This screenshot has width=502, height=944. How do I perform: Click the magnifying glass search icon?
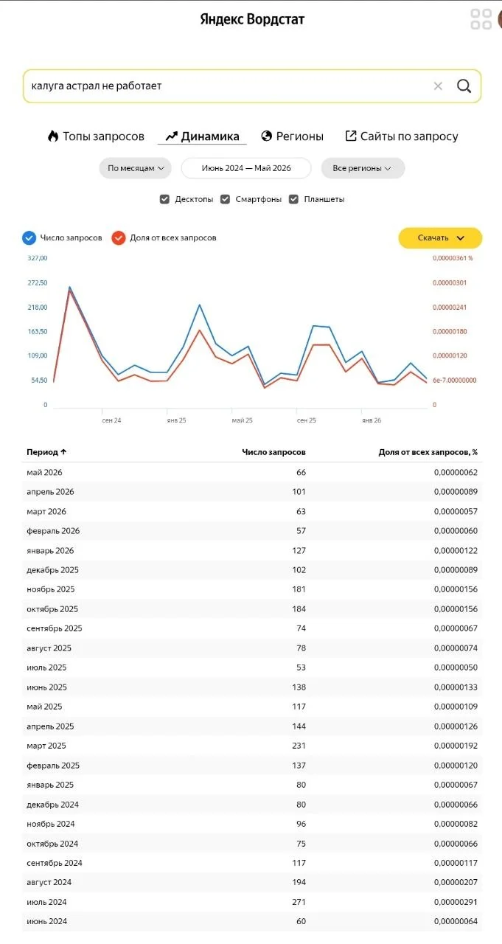coord(464,86)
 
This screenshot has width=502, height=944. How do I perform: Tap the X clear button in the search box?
coord(438,86)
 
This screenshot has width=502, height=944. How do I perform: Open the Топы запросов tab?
coord(96,136)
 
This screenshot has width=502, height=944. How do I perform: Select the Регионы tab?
coord(292,136)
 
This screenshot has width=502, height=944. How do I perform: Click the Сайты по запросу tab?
coord(402,136)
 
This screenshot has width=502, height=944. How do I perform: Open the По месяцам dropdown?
coord(135,168)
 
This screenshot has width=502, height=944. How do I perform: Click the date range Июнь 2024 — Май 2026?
coord(246,168)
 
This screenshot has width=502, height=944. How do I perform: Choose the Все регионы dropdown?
coord(363,168)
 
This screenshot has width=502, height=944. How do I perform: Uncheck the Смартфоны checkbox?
coord(226,199)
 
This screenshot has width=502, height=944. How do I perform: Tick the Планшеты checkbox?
coord(293,199)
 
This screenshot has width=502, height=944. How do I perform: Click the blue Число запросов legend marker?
coord(29,237)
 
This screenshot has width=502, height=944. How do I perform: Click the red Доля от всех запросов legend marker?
coord(119,237)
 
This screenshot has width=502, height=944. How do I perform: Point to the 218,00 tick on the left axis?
coord(38,308)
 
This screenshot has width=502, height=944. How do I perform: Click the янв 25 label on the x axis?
coord(176,420)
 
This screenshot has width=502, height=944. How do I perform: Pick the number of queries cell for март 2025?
coord(299,746)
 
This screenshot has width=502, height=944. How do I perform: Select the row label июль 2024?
coord(46,902)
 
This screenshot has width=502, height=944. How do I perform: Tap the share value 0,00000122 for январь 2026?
coord(456,550)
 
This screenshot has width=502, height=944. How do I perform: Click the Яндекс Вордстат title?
coord(252,19)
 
